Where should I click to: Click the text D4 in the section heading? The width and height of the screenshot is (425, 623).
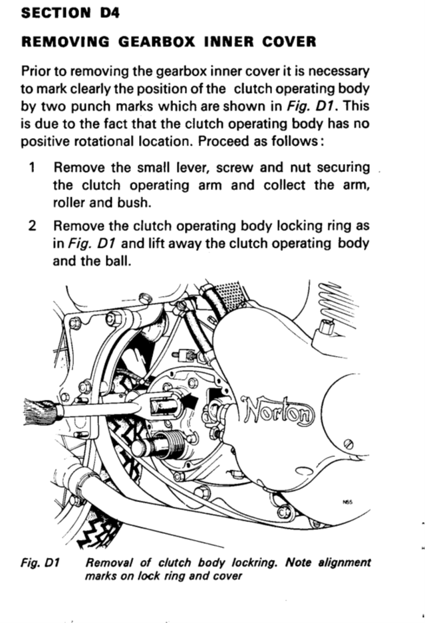point(110,13)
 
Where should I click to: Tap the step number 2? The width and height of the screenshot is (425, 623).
point(33,226)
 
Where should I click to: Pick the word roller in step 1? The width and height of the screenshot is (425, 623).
point(69,203)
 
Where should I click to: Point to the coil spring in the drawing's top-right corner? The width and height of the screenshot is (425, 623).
point(339,303)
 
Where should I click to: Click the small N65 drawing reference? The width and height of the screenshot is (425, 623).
point(347,502)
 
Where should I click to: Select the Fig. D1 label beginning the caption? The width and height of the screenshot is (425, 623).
point(40,563)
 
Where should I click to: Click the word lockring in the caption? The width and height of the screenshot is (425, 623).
point(253,563)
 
